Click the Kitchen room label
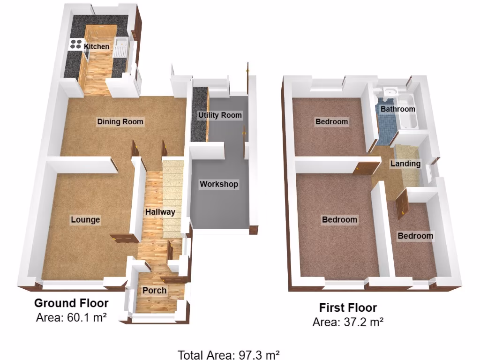tap(97, 46)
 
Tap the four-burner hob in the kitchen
tap(75, 45)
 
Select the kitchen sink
tap(121, 47)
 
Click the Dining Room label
tap(120, 122)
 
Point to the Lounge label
tap(85, 219)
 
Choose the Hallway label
tap(160, 212)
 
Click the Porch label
tap(154, 291)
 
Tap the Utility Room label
tap(220, 115)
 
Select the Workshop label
tap(219, 184)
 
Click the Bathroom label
tap(397, 109)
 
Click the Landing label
tap(405, 164)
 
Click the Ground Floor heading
tap(71, 303)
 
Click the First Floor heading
tap(348, 308)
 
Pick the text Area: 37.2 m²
tap(348, 322)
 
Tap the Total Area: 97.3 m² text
tap(229, 354)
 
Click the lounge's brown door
tap(122, 239)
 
